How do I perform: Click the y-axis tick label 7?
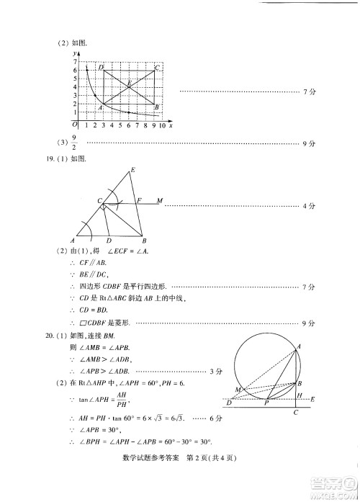click(74, 62)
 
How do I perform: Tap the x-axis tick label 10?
click(162, 125)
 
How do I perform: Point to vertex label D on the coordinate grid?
click(101, 67)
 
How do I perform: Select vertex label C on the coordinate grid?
click(158, 67)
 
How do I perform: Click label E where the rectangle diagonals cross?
click(129, 82)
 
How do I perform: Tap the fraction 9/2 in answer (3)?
click(74, 143)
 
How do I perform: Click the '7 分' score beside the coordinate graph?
click(310, 91)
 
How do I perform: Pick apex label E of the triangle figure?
click(132, 171)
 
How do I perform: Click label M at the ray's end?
click(159, 200)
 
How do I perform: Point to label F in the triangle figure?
click(140, 200)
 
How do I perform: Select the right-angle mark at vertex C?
click(104, 207)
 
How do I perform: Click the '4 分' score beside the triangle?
click(310, 206)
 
